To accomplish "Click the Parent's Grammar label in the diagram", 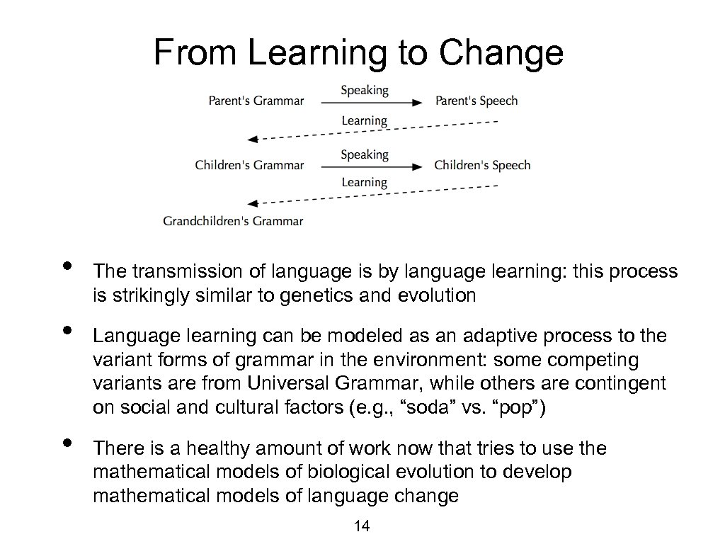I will pyautogui.click(x=256, y=101).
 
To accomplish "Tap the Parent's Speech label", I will pyautogui.click(x=476, y=101).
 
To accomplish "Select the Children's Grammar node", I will pyautogui.click(x=249, y=165).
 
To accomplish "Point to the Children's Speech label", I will pyautogui.click(x=482, y=165).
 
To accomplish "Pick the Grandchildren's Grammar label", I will pyautogui.click(x=233, y=220).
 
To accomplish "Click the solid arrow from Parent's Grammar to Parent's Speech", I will pyautogui.click(x=371, y=103).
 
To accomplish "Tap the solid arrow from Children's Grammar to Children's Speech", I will pyautogui.click(x=371, y=167).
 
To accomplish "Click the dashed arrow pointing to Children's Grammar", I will pyautogui.click(x=368, y=131).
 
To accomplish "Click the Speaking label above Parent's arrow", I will pyautogui.click(x=365, y=90).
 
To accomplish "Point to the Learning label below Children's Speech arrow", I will pyautogui.click(x=365, y=183).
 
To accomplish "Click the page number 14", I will pyautogui.click(x=362, y=526).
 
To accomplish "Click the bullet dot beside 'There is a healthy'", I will pyautogui.click(x=67, y=443).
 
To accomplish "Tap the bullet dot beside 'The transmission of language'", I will pyautogui.click(x=67, y=266).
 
